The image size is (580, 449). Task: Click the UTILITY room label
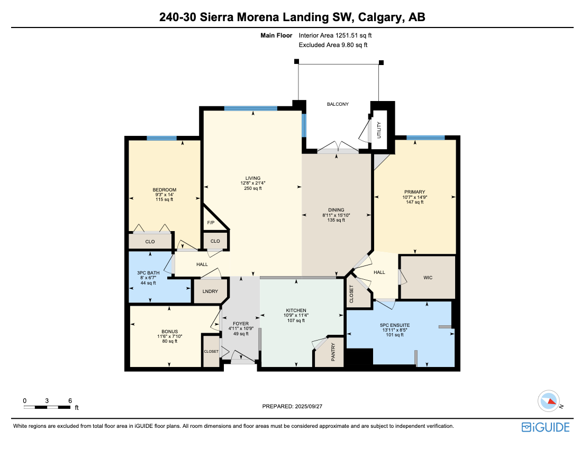coord(379,130)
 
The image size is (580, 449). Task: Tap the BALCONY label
coord(338,104)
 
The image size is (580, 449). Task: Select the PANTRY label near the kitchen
coord(333,353)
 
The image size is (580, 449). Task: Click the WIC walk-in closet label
coord(428,277)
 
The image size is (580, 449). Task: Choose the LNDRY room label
coord(207,291)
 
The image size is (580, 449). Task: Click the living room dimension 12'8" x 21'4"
coord(253,183)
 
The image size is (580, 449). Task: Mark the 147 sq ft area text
coord(414,202)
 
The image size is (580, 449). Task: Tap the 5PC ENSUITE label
coord(395,325)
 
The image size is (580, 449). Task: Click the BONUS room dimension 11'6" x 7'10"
coord(169,336)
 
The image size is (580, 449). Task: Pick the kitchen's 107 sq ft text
coord(295,320)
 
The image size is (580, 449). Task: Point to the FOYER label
coord(241,324)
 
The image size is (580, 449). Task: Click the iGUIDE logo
coord(545,427)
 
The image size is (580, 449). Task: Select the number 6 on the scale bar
coord(70,400)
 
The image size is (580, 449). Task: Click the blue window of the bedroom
coord(161,138)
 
